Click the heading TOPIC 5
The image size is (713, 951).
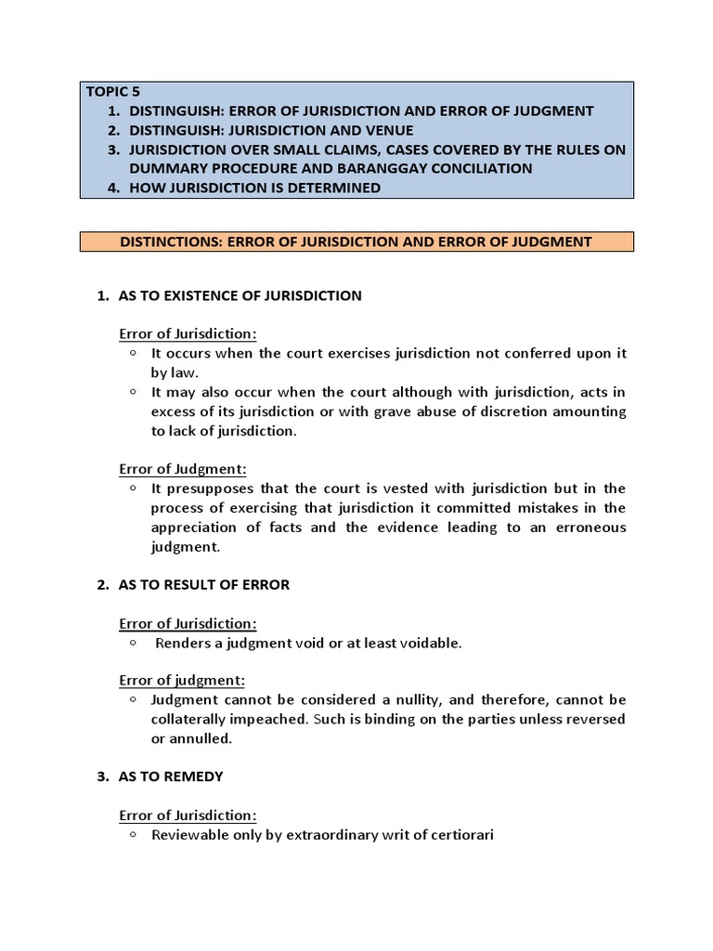point(111,91)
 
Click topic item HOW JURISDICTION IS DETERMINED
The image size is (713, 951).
point(255,188)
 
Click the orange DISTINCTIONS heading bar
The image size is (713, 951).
point(356,241)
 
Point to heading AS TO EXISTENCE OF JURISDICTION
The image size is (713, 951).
point(240,295)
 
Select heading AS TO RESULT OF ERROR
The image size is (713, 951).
point(204,584)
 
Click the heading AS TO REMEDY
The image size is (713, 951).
point(171,776)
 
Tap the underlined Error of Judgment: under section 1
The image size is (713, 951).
point(183,469)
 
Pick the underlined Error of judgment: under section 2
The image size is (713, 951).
point(182,680)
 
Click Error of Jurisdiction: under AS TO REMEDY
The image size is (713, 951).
point(188,815)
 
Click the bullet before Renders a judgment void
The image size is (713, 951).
point(134,643)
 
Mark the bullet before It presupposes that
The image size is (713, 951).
point(134,488)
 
